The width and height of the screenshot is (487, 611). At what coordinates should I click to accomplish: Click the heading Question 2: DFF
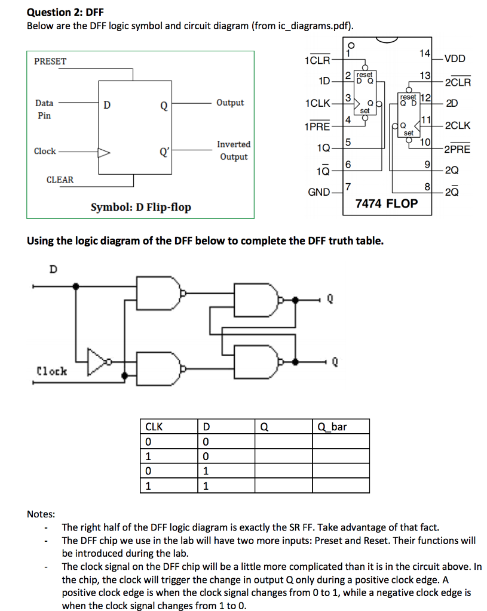point(62,12)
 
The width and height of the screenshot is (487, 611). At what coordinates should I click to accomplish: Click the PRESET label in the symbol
point(51,61)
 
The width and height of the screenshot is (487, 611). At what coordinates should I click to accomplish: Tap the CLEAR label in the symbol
point(60,180)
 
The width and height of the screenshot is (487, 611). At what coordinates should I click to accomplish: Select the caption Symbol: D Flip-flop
point(141,207)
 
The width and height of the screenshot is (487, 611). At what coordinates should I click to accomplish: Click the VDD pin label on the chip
point(455,58)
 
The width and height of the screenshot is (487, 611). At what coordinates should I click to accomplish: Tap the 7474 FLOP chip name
point(387,203)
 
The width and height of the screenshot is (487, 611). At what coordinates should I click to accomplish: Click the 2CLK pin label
point(458,125)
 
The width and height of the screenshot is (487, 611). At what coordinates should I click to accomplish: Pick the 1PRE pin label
point(317,126)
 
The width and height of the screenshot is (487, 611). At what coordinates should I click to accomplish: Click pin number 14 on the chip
point(424,54)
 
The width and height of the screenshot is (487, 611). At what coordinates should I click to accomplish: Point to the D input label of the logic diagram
point(53,269)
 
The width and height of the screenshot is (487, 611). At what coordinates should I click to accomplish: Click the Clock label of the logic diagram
point(52,371)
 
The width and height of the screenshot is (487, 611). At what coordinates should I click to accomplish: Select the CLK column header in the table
point(155,427)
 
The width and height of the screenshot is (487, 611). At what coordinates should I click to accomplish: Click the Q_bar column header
point(333,427)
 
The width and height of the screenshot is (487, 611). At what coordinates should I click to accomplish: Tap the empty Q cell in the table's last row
point(284,486)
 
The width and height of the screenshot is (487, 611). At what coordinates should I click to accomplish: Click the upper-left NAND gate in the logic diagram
point(158,293)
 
